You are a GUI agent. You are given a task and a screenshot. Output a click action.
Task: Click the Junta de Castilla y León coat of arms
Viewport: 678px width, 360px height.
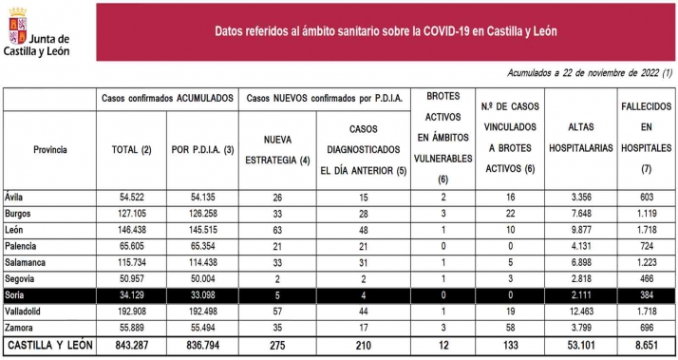point(17,28)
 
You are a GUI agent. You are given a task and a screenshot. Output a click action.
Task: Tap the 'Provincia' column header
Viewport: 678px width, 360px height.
point(49,150)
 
